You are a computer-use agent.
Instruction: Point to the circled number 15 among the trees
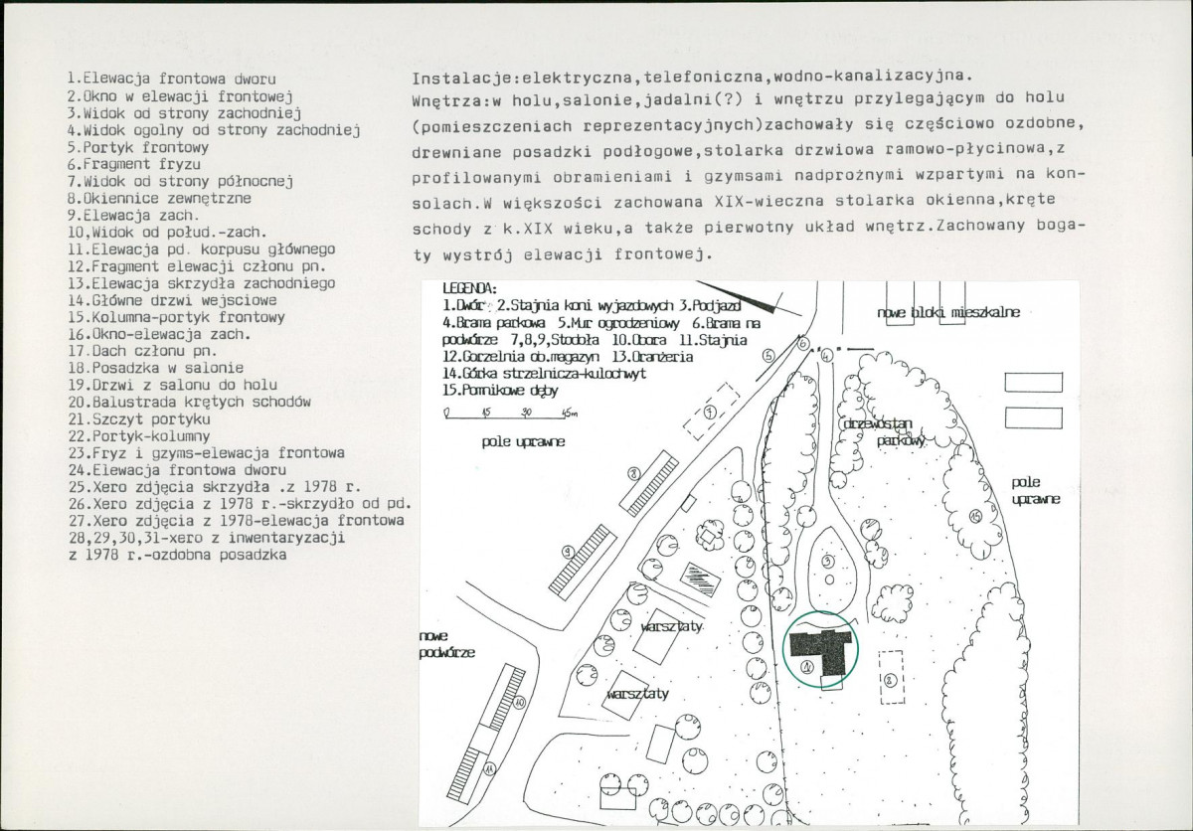(975, 516)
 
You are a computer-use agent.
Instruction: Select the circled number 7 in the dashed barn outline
(708, 412)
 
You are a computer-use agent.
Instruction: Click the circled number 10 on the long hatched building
(520, 701)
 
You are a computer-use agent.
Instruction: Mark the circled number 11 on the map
(489, 767)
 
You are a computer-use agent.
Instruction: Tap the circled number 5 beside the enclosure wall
(768, 354)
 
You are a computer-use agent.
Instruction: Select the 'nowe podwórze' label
(445, 644)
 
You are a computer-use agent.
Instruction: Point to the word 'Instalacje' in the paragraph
(449, 78)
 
